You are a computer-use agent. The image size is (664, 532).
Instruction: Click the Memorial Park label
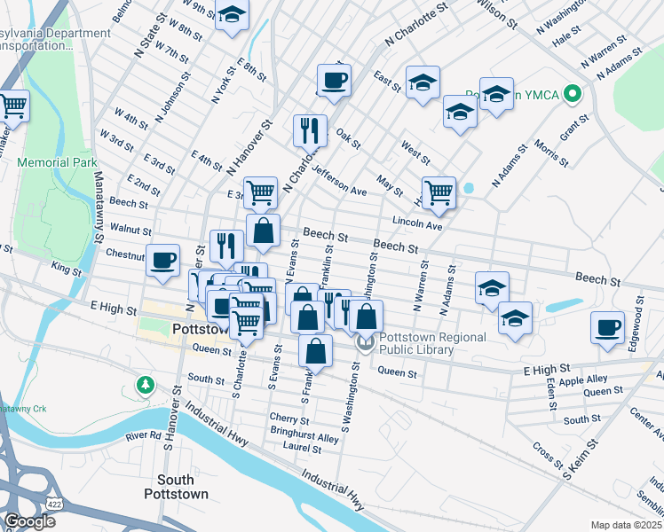(x=59, y=163)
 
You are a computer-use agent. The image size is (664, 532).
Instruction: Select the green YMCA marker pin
(x=573, y=93)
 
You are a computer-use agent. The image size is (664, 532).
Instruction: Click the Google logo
(x=29, y=521)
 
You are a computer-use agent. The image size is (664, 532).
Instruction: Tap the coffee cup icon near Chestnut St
(x=163, y=261)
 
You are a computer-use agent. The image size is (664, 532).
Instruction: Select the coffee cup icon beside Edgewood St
(x=608, y=327)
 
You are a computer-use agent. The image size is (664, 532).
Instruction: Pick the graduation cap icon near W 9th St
(x=232, y=15)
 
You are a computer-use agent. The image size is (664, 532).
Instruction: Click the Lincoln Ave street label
(x=416, y=225)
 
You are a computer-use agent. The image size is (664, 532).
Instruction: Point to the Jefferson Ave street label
(x=339, y=179)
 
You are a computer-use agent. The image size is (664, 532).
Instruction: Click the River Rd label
(x=143, y=436)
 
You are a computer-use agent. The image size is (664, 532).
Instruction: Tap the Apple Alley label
(x=583, y=379)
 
